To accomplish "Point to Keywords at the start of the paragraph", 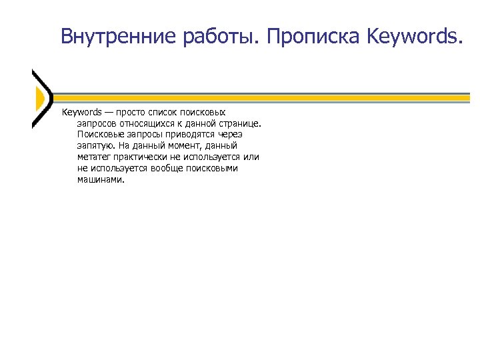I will pyautogui.click(x=81, y=112).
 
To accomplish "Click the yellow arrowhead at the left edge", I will pyautogui.click(x=39, y=99).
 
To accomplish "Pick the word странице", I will pyautogui.click(x=239, y=123).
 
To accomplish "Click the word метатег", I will pyautogui.click(x=94, y=157).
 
